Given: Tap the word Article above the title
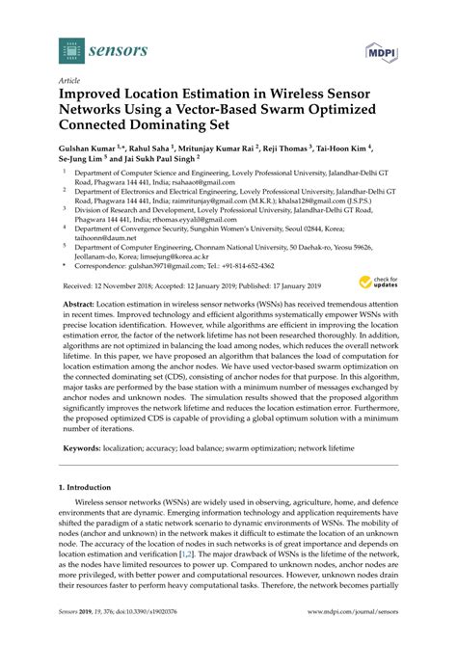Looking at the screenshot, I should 69,82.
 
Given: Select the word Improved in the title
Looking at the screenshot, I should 94,97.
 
